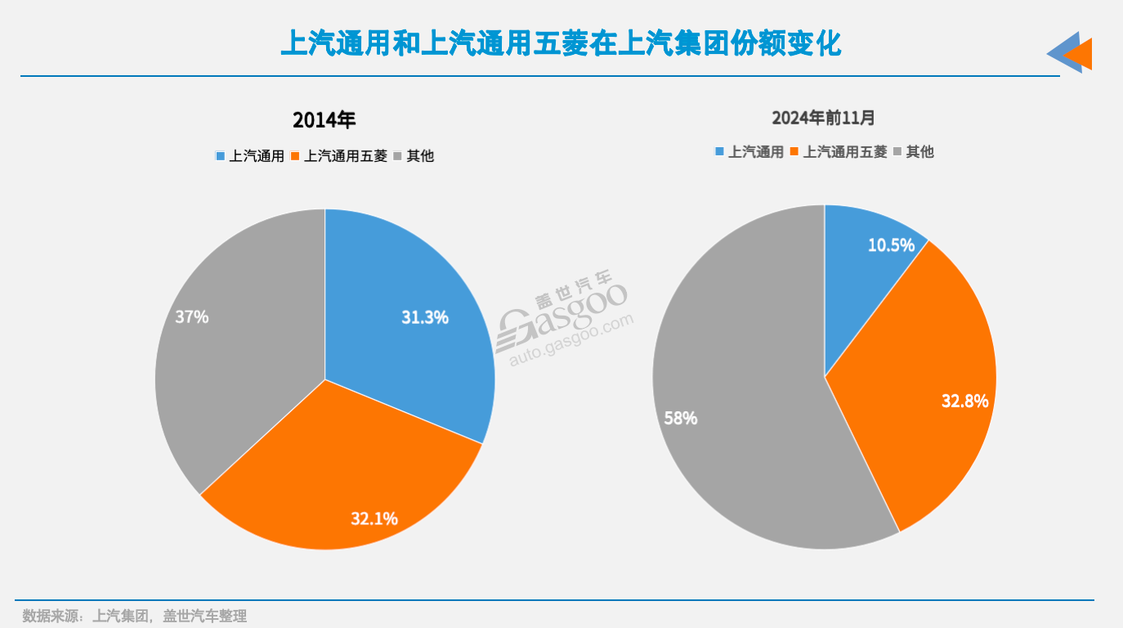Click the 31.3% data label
(425, 317)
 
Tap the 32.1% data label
(374, 518)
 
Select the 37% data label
(192, 316)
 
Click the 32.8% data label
(965, 401)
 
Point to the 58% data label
(681, 418)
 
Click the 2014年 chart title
(324, 120)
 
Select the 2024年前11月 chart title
(824, 118)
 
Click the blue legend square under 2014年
(220, 156)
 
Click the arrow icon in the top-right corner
(1070, 53)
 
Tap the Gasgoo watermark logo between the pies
(564, 323)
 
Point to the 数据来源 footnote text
(135, 616)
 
